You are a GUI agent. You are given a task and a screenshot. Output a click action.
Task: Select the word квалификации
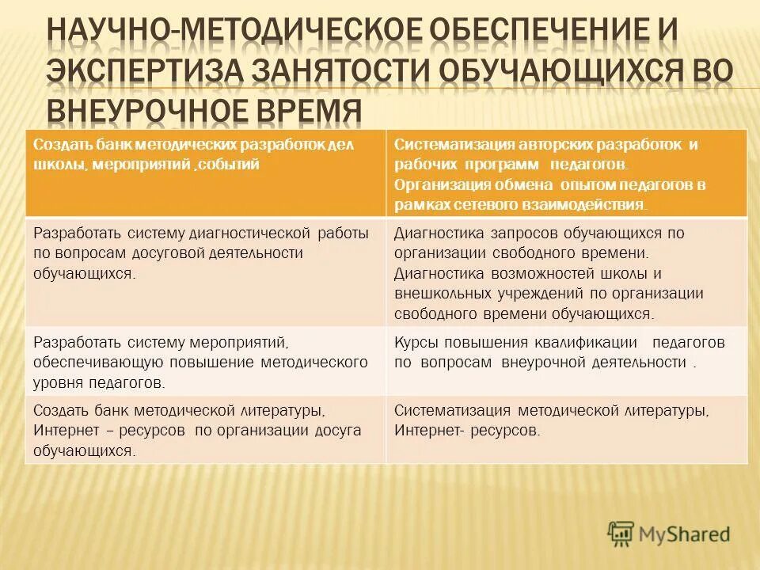[x=590, y=343]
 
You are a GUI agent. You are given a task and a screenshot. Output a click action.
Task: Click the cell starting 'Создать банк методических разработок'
[x=205, y=173]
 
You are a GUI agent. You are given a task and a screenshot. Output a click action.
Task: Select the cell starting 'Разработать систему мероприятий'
[x=205, y=361]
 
